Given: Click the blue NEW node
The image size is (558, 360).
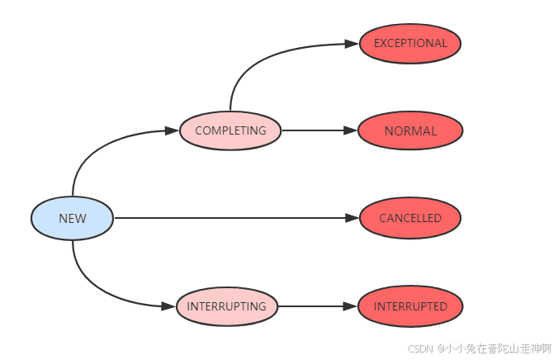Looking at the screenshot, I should (x=72, y=219).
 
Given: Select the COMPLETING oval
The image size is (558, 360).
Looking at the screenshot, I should (x=230, y=130).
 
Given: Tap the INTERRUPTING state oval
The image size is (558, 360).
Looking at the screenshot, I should (x=226, y=306).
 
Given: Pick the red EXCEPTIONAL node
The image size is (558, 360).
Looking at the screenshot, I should (x=410, y=43).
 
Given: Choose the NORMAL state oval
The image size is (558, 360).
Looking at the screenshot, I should (x=410, y=130).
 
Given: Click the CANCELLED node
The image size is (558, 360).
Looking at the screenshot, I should (x=410, y=219).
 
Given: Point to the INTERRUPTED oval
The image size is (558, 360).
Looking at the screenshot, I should (x=410, y=306).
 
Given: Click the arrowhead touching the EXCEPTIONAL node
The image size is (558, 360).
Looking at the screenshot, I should (x=353, y=44).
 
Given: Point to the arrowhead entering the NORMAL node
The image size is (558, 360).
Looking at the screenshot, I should (x=352, y=130).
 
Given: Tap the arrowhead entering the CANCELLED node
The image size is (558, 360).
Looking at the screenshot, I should (x=353, y=219).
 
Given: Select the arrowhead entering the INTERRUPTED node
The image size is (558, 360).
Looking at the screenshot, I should (x=352, y=306).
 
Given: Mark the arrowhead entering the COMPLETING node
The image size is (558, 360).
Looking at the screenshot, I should (x=173, y=130).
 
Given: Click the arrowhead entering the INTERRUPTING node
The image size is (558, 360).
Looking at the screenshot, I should (x=170, y=306).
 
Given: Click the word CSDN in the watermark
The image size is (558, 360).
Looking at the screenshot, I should (x=421, y=348).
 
